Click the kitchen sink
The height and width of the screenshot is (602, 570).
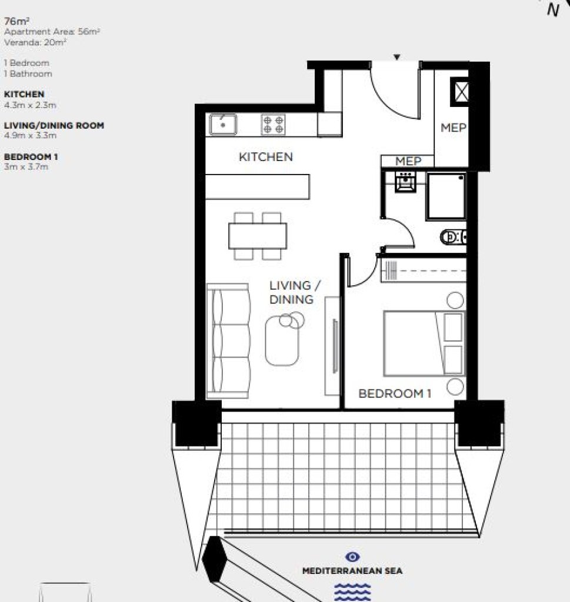[x=223, y=125]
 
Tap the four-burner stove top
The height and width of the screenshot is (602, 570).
[x=273, y=125]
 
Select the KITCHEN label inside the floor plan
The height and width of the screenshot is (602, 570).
[x=266, y=156]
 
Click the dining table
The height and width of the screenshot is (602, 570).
[x=257, y=236]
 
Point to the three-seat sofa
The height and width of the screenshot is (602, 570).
[x=228, y=341]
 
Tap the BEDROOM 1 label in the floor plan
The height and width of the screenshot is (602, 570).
[x=395, y=393]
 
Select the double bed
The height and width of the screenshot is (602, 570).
[x=424, y=343]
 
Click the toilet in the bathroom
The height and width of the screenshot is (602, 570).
[x=453, y=238]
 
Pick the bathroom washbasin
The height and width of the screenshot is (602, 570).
[x=406, y=182]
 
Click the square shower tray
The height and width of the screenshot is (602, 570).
[x=446, y=196]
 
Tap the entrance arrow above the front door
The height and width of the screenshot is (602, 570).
[x=397, y=57]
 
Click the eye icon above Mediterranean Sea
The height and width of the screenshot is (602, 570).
[x=352, y=557]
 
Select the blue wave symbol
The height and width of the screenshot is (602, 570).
[x=352, y=591]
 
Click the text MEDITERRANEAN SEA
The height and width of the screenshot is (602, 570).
[x=352, y=571]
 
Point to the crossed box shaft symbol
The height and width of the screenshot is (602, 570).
[x=461, y=92]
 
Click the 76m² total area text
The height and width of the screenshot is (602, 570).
[x=17, y=21]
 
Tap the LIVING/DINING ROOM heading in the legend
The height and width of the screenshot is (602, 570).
[x=54, y=126]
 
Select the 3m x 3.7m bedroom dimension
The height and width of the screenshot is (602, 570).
[x=26, y=166]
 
